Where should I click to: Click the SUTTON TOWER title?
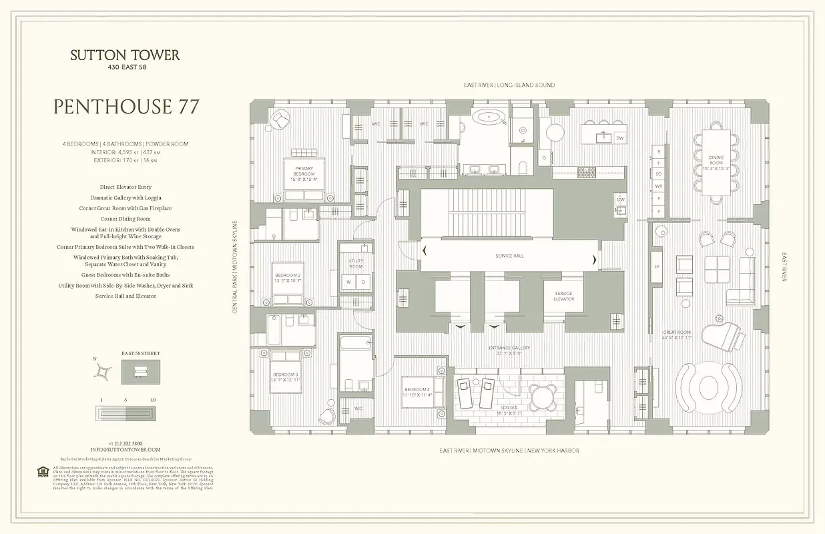pyautogui.click(x=125, y=55)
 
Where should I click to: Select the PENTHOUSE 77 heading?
pyautogui.click(x=125, y=107)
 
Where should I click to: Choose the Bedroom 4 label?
pyautogui.click(x=417, y=392)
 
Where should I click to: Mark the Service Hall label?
pyautogui.click(x=509, y=256)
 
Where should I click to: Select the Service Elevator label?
pyautogui.click(x=563, y=296)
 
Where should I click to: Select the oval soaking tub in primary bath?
pyautogui.click(x=491, y=118)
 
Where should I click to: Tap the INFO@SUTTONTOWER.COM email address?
pyautogui.click(x=125, y=450)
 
